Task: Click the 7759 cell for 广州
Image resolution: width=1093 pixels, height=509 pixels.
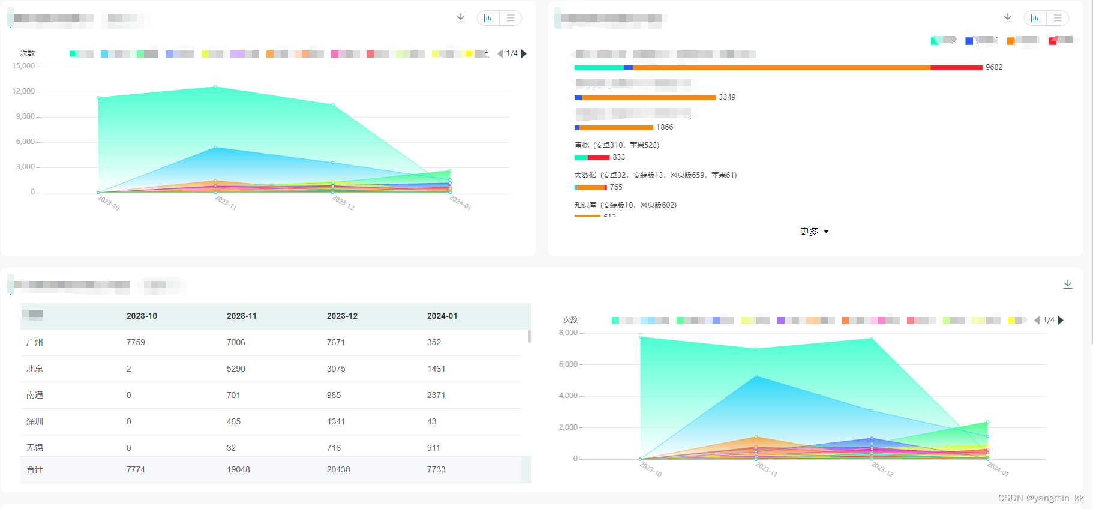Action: click(x=136, y=342)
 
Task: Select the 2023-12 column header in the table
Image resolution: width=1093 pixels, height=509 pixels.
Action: click(x=342, y=316)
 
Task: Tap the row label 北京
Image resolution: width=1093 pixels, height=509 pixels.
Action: click(x=35, y=369)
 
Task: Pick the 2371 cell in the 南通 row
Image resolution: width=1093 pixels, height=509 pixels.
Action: click(x=436, y=395)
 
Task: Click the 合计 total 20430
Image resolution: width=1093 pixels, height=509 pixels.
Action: click(x=338, y=469)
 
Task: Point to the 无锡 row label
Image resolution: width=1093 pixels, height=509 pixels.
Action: click(x=35, y=448)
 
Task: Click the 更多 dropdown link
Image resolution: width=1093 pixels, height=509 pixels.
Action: click(x=813, y=231)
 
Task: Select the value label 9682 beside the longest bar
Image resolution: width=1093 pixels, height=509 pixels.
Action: click(x=994, y=67)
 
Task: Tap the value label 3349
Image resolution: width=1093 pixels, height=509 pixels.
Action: click(x=727, y=97)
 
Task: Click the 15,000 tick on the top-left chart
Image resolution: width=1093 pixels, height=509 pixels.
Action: click(x=23, y=66)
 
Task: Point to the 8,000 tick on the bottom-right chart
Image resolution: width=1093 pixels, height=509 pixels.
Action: click(x=568, y=333)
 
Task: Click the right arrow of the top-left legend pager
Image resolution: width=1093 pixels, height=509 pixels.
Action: click(x=524, y=53)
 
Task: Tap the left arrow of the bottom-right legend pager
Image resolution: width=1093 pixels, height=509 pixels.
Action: click(x=1037, y=320)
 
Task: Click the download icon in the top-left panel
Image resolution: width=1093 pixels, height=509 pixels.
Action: click(x=461, y=17)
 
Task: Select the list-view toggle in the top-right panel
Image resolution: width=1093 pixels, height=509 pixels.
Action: click(x=1058, y=18)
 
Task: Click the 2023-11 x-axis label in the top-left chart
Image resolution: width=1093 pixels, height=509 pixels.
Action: click(x=226, y=202)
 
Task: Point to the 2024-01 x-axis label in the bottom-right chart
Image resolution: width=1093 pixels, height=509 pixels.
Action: click(x=998, y=469)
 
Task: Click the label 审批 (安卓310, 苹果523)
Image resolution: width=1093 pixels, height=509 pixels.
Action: click(x=617, y=145)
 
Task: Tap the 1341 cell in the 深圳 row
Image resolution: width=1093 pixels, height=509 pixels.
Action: click(x=336, y=421)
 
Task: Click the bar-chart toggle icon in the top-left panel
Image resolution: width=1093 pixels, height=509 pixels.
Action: click(x=488, y=18)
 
